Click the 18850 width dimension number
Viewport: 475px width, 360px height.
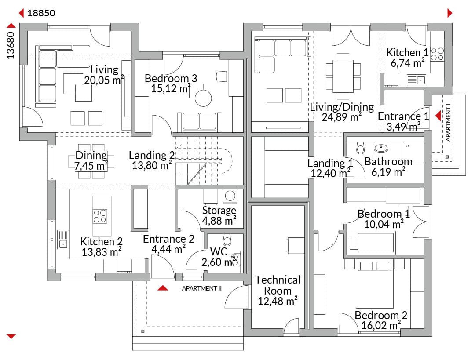coord(41,13)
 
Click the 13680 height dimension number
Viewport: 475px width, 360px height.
coord(11,45)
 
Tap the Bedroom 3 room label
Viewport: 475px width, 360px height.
coord(171,78)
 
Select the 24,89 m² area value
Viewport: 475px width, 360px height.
coord(342,117)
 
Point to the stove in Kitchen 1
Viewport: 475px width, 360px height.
coord(437,54)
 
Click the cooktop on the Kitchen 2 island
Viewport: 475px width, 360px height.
coord(100,216)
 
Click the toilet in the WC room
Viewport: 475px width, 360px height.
coord(227,240)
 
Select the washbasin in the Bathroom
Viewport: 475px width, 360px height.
coord(381,148)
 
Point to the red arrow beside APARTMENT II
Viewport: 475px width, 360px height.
coord(163,288)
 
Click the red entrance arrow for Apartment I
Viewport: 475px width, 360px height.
coord(438,116)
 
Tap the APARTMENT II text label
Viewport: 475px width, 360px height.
coord(201,288)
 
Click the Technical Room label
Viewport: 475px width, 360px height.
coord(278,285)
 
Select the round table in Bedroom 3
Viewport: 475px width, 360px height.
coord(203,98)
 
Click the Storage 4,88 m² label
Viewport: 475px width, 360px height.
coord(219,215)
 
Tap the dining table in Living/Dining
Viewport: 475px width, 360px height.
coord(343,76)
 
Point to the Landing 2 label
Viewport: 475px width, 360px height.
coord(152,155)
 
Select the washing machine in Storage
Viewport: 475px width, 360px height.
coord(230,196)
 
